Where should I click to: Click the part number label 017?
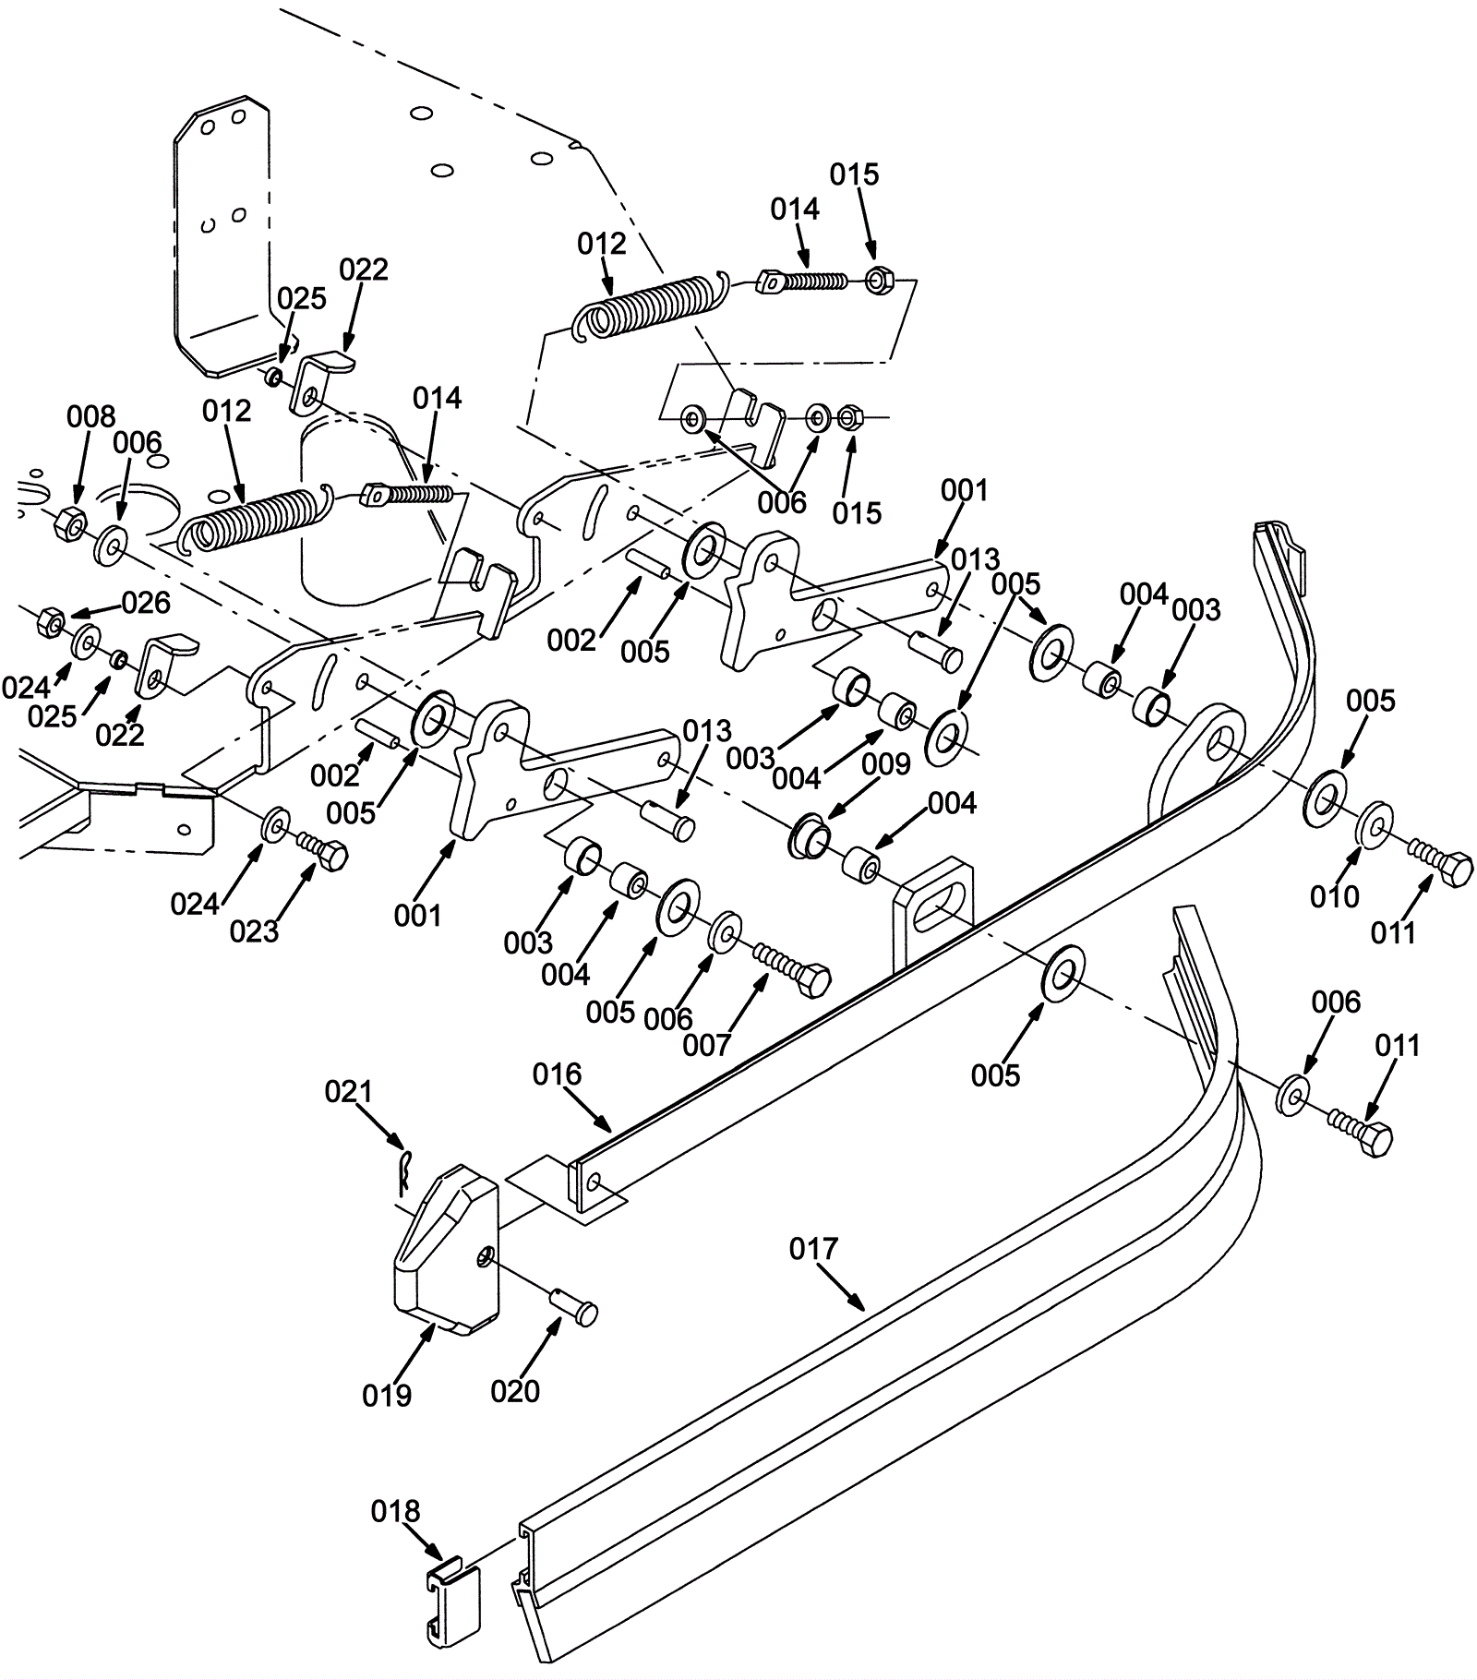pyautogui.click(x=813, y=1249)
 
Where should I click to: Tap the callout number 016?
pyautogui.click(x=558, y=1074)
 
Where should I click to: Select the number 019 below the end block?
pyautogui.click(x=387, y=1395)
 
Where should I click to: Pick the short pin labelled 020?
pyautogui.click(x=576, y=1305)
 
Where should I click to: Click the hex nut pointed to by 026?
pyautogui.click(x=48, y=622)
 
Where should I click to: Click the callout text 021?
pyautogui.click(x=348, y=1092)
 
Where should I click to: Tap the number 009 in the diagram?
pyautogui.click(x=887, y=764)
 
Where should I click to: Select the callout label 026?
pyautogui.click(x=146, y=603)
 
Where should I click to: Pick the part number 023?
pyautogui.click(x=254, y=931)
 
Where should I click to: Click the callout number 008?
pyautogui.click(x=90, y=416)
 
